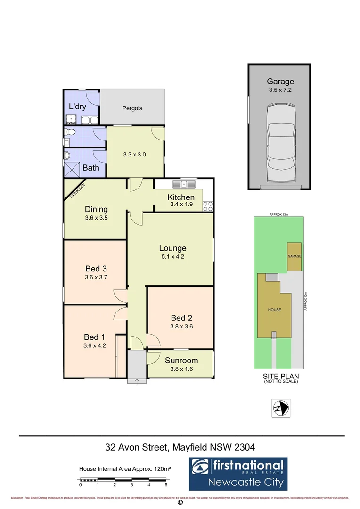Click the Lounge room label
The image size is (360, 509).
point(172,248)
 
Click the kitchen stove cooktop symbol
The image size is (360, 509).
point(208,205)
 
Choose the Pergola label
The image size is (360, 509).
point(132,108)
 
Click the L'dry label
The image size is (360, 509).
point(77,107)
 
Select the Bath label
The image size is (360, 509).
point(91,167)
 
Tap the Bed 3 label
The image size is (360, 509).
point(96,269)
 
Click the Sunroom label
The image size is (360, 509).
point(181,361)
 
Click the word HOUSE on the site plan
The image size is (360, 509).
point(275,310)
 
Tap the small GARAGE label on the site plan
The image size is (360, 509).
point(295,256)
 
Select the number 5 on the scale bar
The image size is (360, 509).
point(166,484)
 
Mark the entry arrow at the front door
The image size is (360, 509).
point(137,381)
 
